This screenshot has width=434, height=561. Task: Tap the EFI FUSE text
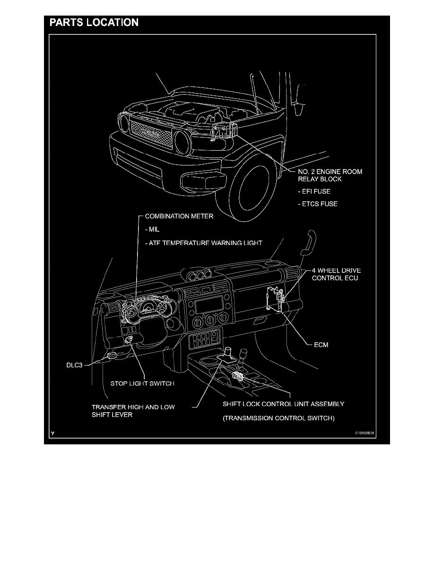pyautogui.click(x=318, y=192)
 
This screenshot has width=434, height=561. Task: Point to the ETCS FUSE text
pyautogui.click(x=321, y=204)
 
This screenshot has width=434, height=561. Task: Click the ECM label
pyautogui.click(x=321, y=345)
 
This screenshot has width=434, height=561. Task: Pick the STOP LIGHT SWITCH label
pyautogui.click(x=142, y=383)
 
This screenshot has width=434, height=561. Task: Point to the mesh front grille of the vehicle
pyautogui.click(x=150, y=130)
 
